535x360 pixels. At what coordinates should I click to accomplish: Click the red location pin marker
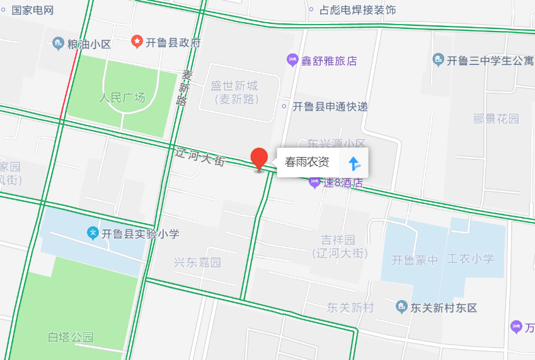(259, 158)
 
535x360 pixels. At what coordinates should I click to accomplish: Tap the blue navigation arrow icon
(355, 163)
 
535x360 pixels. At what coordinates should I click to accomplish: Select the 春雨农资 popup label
(307, 162)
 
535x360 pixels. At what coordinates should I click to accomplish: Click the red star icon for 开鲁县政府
(137, 42)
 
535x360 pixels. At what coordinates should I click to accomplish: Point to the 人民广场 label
(122, 98)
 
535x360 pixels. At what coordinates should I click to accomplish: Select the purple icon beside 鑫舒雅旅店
(292, 61)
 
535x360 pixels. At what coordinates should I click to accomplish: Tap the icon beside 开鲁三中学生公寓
(439, 61)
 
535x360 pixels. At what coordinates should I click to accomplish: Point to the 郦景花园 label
(496, 119)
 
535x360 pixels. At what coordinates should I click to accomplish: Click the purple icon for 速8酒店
(314, 183)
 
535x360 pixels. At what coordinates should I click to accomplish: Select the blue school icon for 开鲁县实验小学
(93, 233)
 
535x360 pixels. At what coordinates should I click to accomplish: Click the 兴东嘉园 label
(197, 262)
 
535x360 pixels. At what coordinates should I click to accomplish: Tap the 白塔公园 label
(71, 337)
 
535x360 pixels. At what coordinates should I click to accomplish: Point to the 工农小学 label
(470, 258)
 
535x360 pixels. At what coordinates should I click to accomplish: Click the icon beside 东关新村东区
(401, 308)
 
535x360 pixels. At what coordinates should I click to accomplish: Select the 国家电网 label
(33, 10)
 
